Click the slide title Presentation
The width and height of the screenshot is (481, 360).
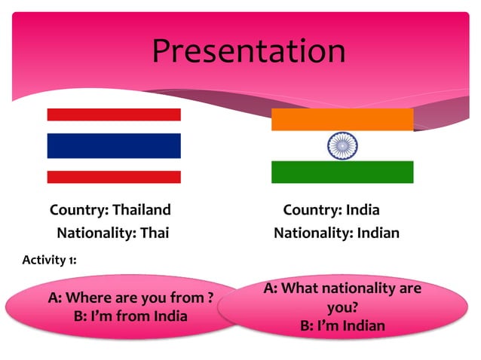coord(248,51)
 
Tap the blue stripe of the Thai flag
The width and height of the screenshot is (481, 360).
coord(114,145)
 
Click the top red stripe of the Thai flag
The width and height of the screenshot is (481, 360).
coord(114,114)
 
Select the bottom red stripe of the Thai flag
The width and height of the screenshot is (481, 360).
coord(114,177)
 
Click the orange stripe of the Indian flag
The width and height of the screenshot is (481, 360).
coord(342,119)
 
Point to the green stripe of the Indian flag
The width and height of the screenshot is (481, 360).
coord(342,172)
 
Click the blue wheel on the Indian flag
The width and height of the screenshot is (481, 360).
coord(342,145)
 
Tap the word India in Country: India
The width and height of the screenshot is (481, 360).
coord(363,209)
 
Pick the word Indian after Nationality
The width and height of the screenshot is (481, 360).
coord(375,233)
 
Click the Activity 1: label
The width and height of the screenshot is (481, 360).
coord(49,260)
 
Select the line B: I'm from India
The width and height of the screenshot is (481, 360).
coord(130,316)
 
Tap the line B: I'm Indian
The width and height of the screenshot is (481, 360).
coord(342,326)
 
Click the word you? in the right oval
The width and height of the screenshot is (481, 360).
coord(342,307)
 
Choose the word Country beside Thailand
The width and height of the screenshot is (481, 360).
coord(77,209)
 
